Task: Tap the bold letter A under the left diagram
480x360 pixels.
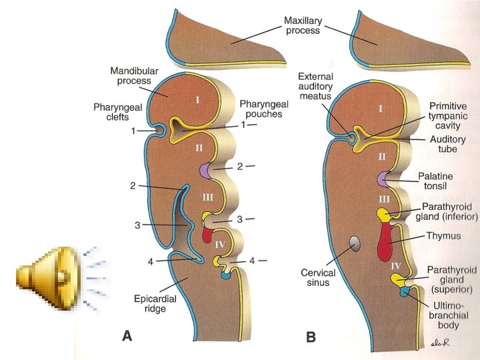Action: click(127, 337)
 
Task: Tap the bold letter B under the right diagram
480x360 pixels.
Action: click(311, 337)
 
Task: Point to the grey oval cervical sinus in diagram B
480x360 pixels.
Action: click(355, 243)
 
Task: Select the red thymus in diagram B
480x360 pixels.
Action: click(385, 243)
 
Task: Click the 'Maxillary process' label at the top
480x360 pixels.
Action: click(301, 25)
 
